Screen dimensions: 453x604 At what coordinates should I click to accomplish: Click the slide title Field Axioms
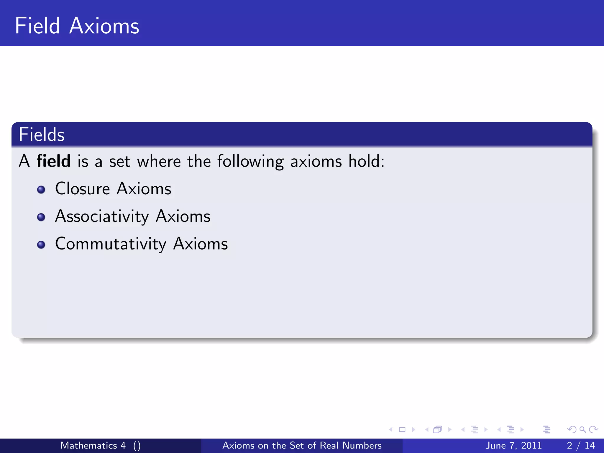(x=77, y=26)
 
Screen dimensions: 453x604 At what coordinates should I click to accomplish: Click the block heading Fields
(x=41, y=135)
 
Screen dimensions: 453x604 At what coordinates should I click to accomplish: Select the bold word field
(x=53, y=161)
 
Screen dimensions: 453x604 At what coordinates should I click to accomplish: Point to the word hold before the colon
(x=364, y=161)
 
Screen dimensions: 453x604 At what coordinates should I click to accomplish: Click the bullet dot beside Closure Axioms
(x=41, y=189)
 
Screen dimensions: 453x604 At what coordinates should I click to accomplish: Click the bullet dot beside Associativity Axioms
(x=41, y=217)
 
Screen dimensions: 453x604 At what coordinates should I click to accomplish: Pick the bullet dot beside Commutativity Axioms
(x=41, y=245)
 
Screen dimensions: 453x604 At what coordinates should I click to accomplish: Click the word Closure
(x=82, y=189)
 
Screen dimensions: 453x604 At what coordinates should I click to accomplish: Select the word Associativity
(x=102, y=216)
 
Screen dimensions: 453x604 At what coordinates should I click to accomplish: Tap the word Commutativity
(x=111, y=244)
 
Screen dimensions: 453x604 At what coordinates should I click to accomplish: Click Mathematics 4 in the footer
(x=93, y=445)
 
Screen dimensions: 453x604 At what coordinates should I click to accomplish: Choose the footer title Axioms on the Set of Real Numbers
(x=302, y=445)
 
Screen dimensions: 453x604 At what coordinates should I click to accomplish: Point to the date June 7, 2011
(x=513, y=445)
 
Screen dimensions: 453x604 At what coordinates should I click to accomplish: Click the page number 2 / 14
(x=581, y=445)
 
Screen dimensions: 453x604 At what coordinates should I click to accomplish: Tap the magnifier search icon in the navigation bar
(x=582, y=430)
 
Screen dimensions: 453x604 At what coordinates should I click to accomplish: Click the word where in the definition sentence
(x=159, y=161)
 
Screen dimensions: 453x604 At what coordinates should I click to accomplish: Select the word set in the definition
(x=119, y=162)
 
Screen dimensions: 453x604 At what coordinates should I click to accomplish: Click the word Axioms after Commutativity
(x=201, y=244)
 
